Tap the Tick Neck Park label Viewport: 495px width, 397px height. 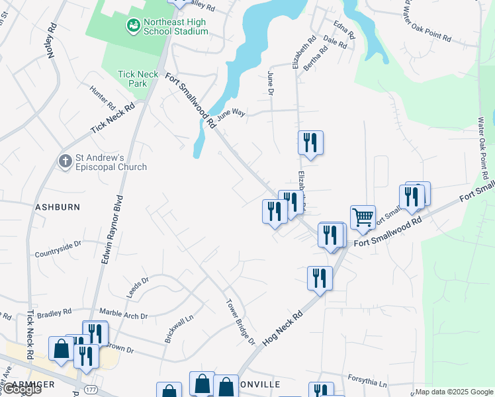click(138, 79)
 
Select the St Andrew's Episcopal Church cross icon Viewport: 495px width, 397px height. click(65, 161)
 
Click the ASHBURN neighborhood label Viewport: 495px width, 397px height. click(58, 206)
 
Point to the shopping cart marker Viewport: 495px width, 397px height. click(363, 217)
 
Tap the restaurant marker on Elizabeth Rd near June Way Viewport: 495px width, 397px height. click(310, 143)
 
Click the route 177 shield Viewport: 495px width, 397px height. click(91, 390)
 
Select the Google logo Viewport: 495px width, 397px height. click(21, 389)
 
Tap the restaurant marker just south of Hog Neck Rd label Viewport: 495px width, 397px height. click(320, 279)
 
